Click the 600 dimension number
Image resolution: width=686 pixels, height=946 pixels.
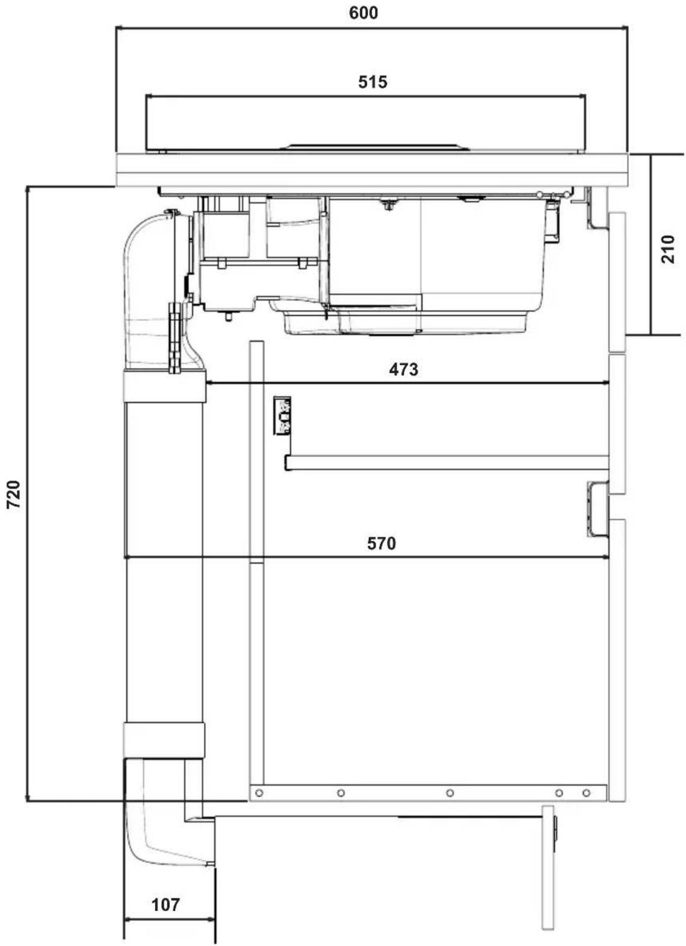click(363, 13)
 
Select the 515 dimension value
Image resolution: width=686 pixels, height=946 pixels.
click(372, 82)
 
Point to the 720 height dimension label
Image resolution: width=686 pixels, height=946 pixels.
click(14, 494)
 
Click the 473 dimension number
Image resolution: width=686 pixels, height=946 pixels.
click(404, 370)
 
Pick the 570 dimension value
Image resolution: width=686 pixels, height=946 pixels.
click(382, 543)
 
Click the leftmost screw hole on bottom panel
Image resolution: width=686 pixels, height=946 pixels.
click(259, 792)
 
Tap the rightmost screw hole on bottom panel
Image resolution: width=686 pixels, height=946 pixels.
click(586, 792)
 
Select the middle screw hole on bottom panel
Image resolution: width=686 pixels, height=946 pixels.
click(450, 792)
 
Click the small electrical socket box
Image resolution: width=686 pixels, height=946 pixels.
click(282, 415)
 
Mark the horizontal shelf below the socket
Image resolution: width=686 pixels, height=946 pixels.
click(447, 462)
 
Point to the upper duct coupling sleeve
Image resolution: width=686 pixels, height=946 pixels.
click(165, 386)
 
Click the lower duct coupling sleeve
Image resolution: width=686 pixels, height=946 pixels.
click(164, 740)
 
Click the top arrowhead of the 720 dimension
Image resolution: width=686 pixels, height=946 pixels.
click(28, 189)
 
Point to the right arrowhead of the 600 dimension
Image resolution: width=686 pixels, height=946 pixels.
click(624, 28)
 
